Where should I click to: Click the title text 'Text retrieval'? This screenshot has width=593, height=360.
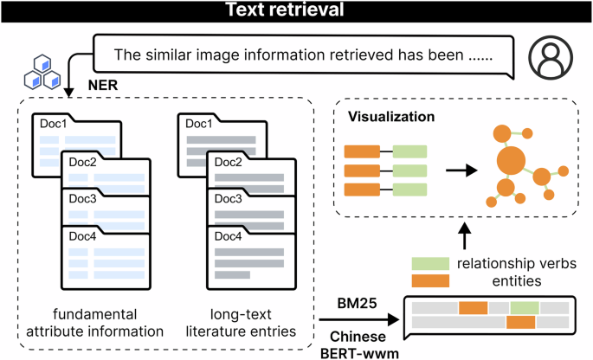click(x=296, y=12)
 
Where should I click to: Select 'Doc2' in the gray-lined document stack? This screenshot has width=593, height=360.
click(x=228, y=162)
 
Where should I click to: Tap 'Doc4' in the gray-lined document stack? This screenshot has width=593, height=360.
click(x=228, y=235)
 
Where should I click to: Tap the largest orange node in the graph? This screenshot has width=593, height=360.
click(x=511, y=161)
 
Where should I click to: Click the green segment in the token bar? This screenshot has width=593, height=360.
click(x=524, y=307)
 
